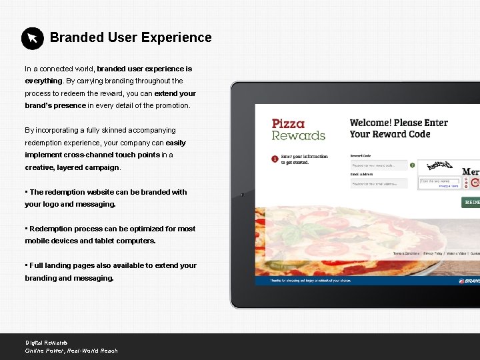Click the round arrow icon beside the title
(x=32, y=38)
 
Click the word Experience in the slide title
(x=175, y=38)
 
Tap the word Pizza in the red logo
(x=288, y=123)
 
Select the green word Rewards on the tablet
(x=298, y=135)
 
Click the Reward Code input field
(x=378, y=165)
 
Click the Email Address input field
(x=378, y=183)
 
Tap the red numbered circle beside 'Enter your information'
(x=275, y=159)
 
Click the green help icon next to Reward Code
(x=413, y=165)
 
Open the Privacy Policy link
(x=433, y=253)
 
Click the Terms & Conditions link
(x=406, y=253)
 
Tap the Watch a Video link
(x=456, y=253)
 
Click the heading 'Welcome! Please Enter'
(x=399, y=123)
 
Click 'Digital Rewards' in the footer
(x=46, y=343)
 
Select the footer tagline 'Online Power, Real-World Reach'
(x=71, y=351)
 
